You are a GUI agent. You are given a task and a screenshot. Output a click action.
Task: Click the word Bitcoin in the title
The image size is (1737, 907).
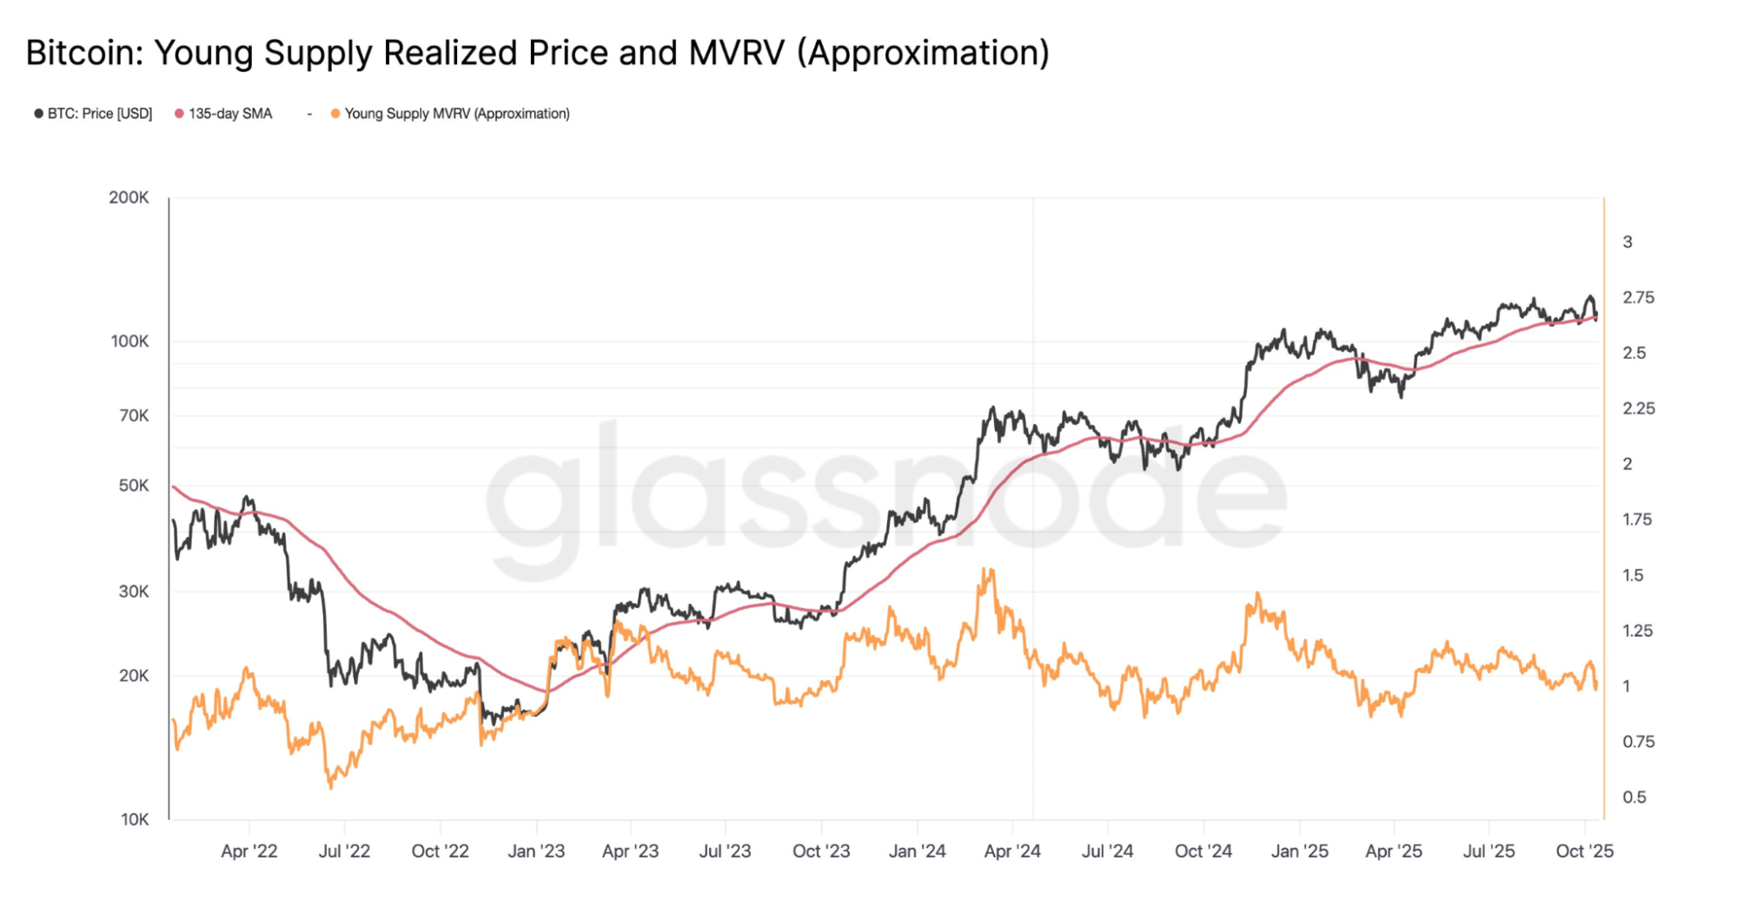(83, 53)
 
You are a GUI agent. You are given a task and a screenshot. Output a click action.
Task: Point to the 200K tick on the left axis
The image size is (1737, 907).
(129, 197)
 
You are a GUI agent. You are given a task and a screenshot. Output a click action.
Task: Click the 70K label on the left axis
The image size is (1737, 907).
(134, 415)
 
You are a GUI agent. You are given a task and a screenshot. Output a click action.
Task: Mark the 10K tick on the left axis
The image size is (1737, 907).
(135, 819)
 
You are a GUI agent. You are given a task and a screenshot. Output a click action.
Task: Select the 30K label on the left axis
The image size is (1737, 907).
(134, 592)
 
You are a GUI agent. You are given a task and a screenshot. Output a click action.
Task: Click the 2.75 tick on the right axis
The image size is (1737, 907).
(1638, 297)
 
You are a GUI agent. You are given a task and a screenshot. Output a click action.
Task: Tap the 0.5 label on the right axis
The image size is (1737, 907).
(1634, 797)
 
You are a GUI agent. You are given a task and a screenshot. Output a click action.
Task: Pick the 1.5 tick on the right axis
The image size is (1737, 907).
(1633, 575)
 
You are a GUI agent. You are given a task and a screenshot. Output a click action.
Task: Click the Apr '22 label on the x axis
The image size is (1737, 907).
(249, 851)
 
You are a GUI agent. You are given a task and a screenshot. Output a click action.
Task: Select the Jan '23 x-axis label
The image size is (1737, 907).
(536, 851)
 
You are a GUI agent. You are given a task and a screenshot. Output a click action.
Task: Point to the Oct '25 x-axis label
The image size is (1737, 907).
(1584, 851)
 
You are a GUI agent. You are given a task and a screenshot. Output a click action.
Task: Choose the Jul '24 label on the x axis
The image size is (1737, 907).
(1107, 851)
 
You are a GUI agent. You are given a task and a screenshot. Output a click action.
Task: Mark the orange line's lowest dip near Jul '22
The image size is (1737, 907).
(330, 786)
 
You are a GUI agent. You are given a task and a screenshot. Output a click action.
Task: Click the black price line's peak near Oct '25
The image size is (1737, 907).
(1590, 297)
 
